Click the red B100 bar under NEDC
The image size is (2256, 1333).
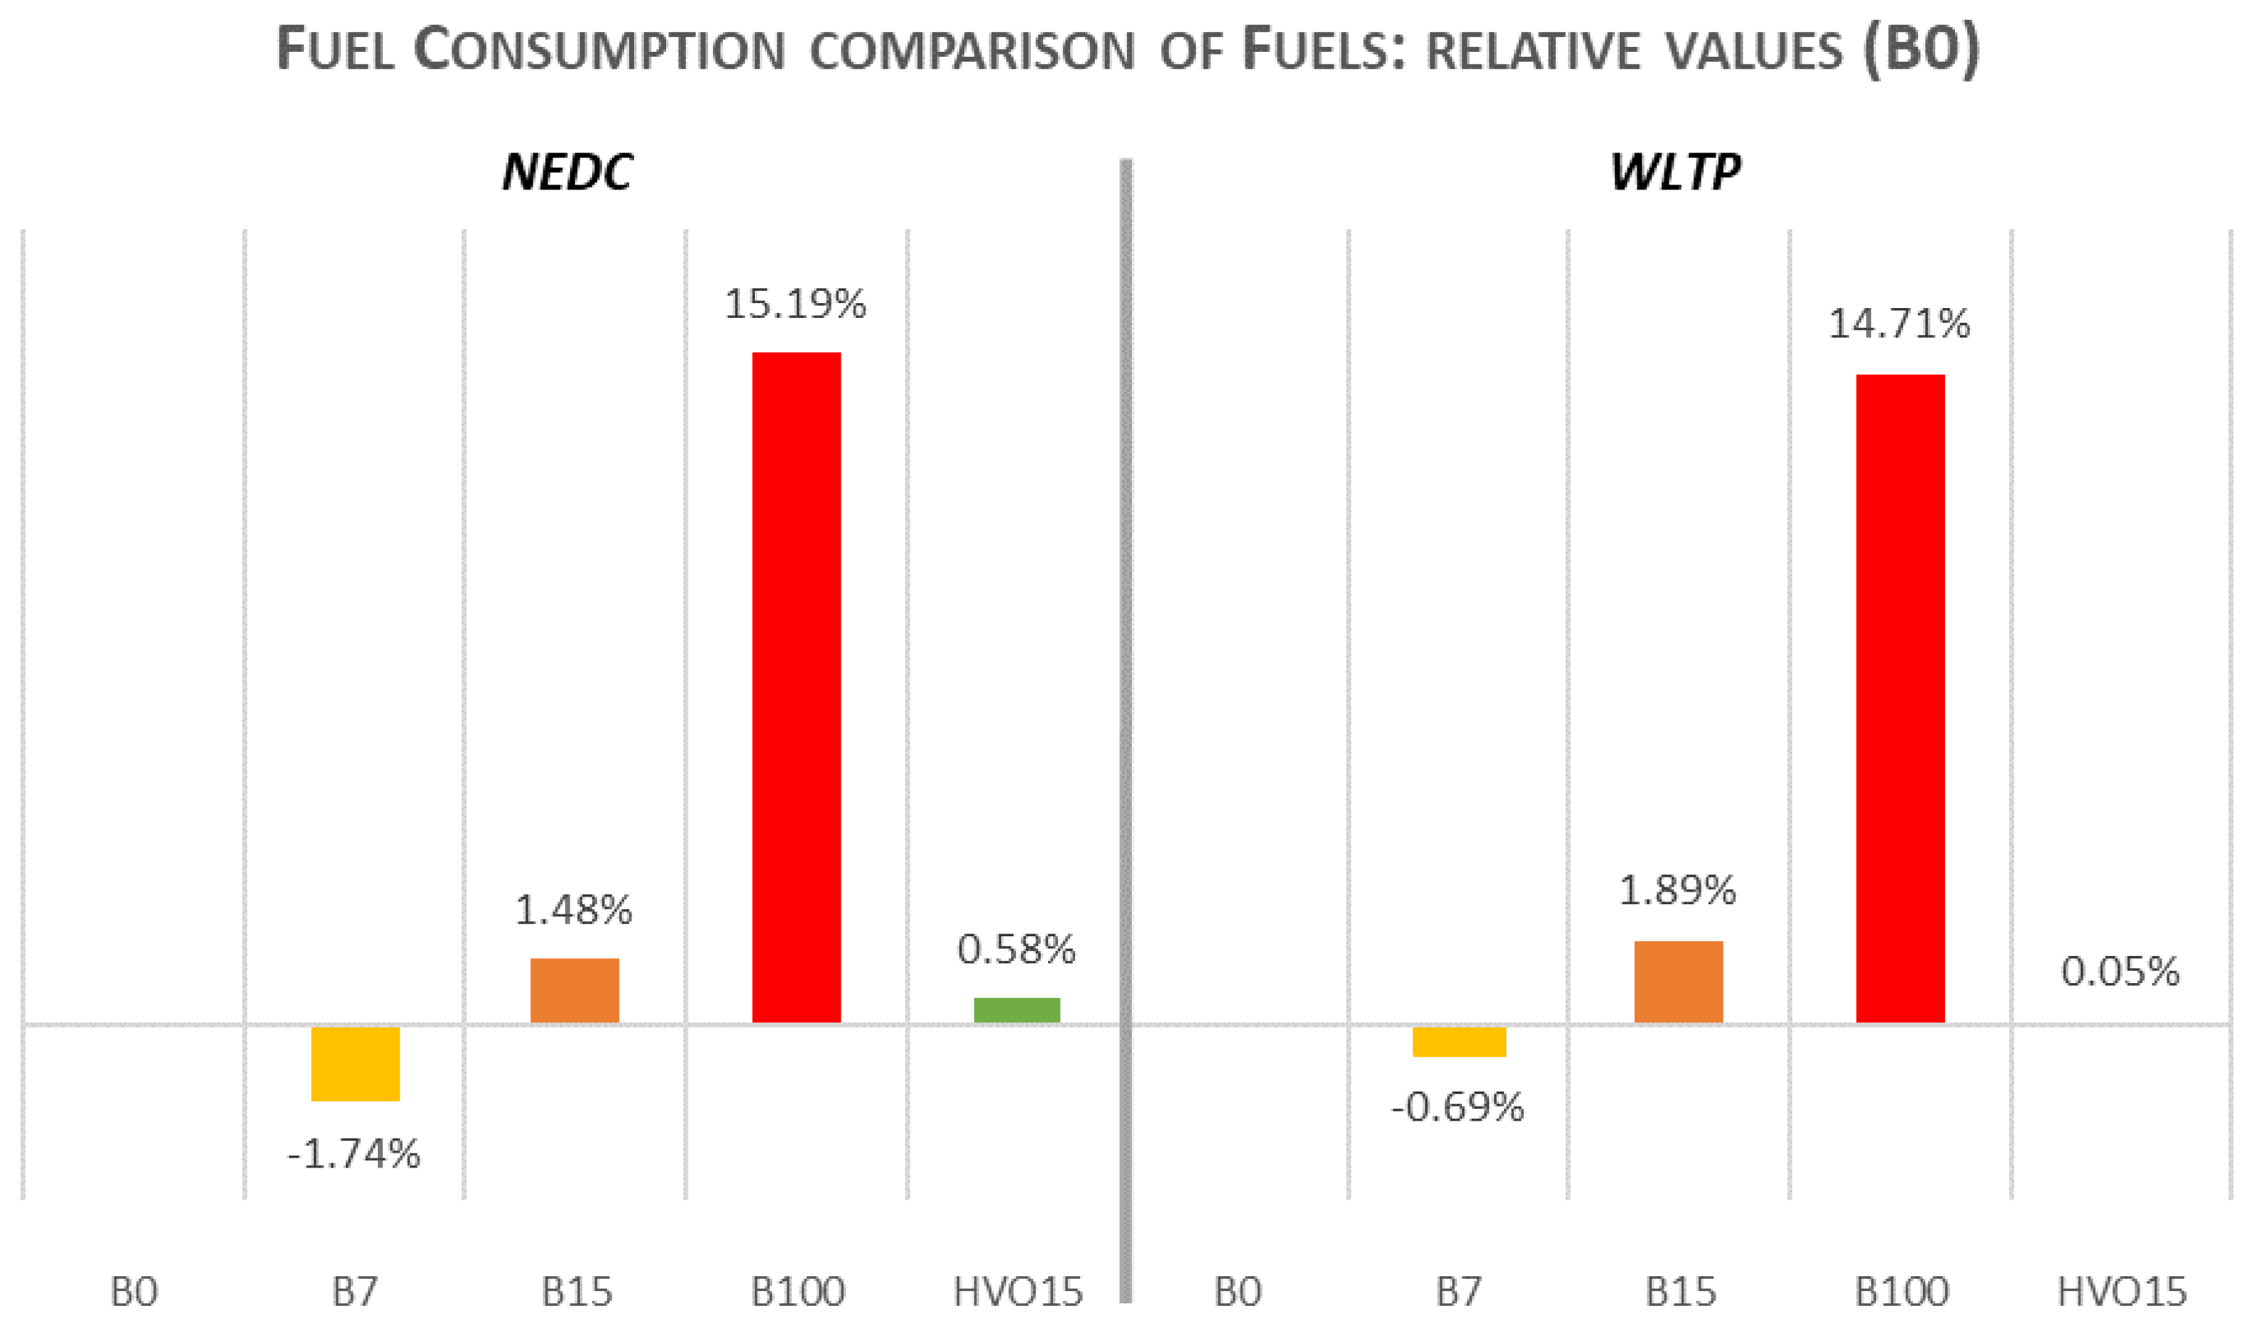(x=796, y=687)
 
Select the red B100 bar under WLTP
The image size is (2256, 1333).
(x=1900, y=698)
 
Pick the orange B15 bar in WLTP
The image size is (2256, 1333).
(x=1678, y=981)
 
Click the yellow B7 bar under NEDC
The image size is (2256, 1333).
(x=355, y=1063)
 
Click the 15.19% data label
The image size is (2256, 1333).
(x=795, y=305)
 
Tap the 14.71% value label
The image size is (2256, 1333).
(x=1900, y=324)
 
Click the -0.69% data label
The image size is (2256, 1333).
(x=1457, y=1107)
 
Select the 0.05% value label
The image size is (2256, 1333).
(x=2120, y=972)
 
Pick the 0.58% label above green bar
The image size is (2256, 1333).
(x=1016, y=950)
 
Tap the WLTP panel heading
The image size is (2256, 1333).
(x=1676, y=172)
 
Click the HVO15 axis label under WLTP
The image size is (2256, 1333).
(x=2122, y=1292)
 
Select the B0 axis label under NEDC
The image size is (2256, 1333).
(x=134, y=1292)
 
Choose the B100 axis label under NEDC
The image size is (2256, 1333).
(x=798, y=1292)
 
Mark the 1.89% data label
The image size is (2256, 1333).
(x=1677, y=890)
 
